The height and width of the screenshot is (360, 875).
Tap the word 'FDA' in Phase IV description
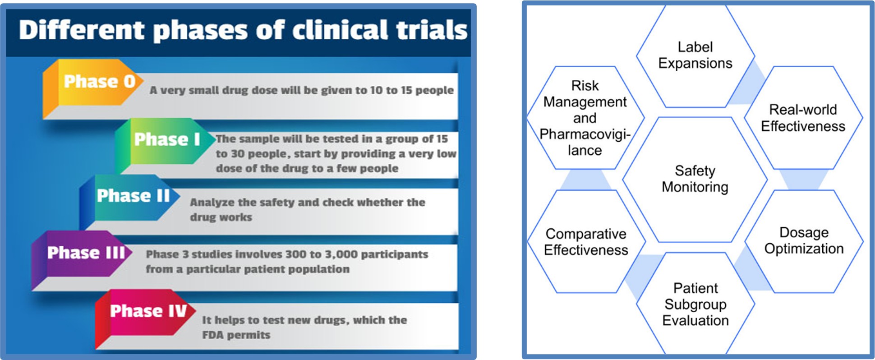[x=212, y=335]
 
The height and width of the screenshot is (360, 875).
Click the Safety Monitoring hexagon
[x=695, y=180]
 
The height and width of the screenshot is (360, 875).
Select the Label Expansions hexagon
[x=695, y=56]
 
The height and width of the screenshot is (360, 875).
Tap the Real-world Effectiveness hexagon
[x=803, y=118]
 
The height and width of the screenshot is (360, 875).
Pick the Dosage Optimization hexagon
[x=804, y=241]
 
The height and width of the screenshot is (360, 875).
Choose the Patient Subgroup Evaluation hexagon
[x=695, y=304]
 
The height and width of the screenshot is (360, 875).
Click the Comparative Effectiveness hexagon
[x=586, y=242]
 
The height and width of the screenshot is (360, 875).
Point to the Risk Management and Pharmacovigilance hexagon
[x=585, y=118]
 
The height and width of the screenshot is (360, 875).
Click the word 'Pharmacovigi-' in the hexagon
[x=585, y=134]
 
